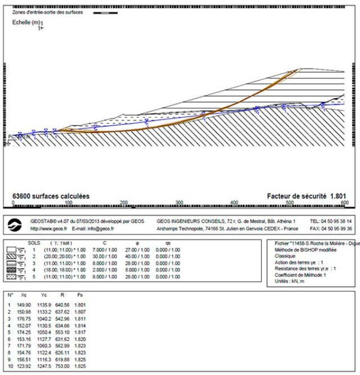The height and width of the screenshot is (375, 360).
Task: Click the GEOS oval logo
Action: point(17,225)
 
